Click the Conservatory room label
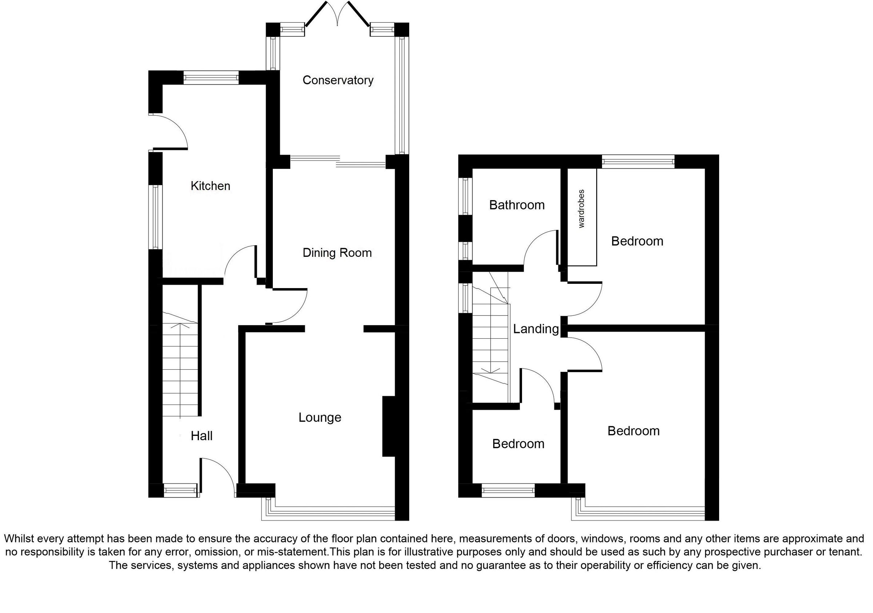(x=338, y=80)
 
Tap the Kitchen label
(x=210, y=186)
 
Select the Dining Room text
(x=337, y=253)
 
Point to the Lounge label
(x=320, y=418)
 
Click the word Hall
(x=201, y=436)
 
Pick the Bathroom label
(x=517, y=205)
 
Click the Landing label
(x=536, y=329)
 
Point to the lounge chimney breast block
(x=388, y=426)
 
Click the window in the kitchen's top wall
(x=211, y=78)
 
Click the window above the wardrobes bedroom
(x=638, y=162)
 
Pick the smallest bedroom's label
(x=518, y=444)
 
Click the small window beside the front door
(x=180, y=490)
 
